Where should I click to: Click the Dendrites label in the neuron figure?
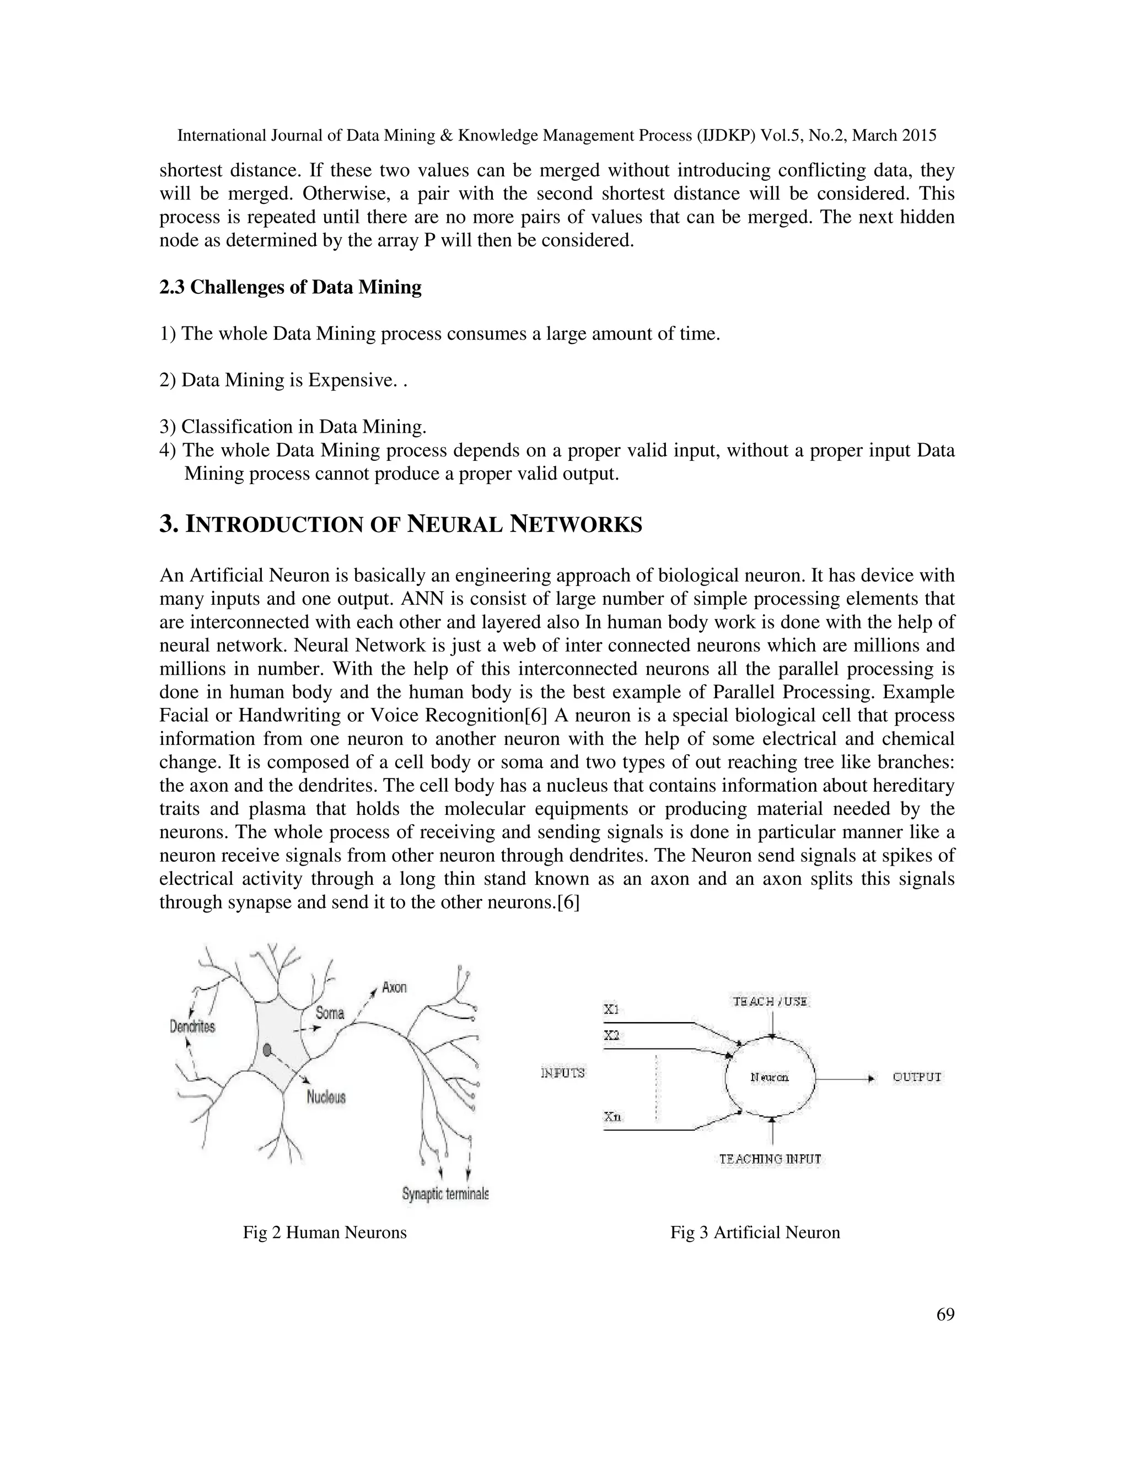click(192, 1026)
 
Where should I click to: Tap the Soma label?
click(330, 1013)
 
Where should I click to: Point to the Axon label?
click(394, 987)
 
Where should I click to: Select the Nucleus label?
click(326, 1097)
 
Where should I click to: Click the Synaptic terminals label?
click(445, 1194)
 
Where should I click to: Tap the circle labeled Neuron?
click(770, 1078)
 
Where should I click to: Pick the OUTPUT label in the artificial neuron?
click(917, 1077)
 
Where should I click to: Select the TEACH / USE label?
click(771, 1001)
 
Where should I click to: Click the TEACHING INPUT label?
click(770, 1159)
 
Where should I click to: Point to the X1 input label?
click(611, 1009)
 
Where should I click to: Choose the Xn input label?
click(612, 1116)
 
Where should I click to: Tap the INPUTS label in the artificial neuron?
click(562, 1073)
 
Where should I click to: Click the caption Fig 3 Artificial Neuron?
click(755, 1232)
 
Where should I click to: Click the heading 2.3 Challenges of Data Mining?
click(291, 287)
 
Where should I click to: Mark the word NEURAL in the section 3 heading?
click(454, 524)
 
